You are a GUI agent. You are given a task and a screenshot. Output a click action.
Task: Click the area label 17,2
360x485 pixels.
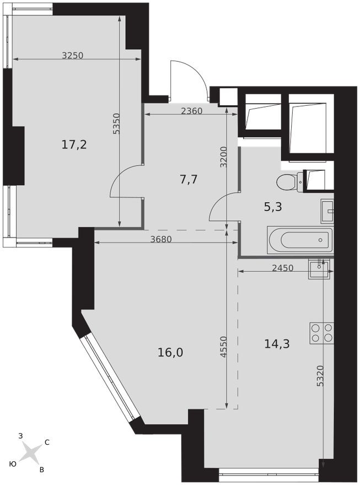click(x=74, y=145)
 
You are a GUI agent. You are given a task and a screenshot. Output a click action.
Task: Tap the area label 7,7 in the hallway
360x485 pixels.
click(x=189, y=179)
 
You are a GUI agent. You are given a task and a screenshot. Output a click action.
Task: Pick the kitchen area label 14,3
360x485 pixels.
click(x=277, y=344)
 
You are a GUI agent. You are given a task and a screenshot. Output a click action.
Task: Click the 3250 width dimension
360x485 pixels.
click(x=72, y=55)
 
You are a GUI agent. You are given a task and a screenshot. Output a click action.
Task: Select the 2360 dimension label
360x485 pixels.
click(x=191, y=110)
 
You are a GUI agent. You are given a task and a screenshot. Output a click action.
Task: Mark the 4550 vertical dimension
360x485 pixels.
click(x=223, y=347)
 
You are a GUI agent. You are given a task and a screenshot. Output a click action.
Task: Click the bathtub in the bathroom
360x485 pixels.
click(x=300, y=240)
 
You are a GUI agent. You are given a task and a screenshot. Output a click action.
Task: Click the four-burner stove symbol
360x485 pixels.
click(x=321, y=333)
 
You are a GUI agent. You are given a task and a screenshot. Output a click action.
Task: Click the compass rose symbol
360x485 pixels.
click(x=31, y=453)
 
